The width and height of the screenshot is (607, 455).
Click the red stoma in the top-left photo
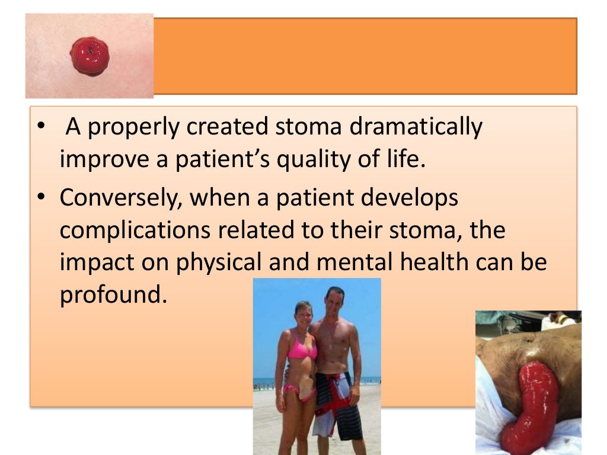tap(90, 55)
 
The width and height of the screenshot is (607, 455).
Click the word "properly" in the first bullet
tap(126, 127)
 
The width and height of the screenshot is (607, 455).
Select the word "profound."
tap(111, 295)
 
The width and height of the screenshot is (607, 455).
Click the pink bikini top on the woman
tap(301, 350)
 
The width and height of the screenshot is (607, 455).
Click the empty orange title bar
tap(365, 56)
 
